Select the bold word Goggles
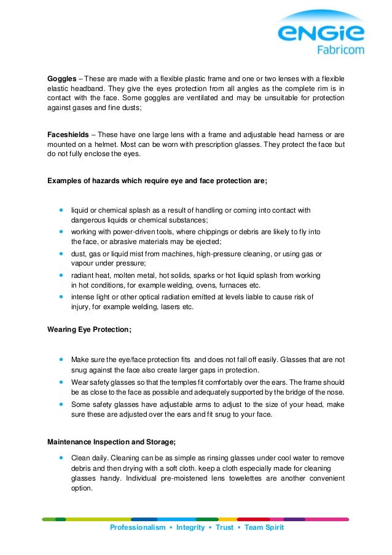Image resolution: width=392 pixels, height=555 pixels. pyautogui.click(x=63, y=79)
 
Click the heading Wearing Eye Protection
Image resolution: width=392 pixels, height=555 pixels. pyautogui.click(x=89, y=329)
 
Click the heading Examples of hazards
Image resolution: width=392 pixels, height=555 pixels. pyautogui.click(x=157, y=181)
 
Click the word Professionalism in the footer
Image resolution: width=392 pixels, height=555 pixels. pyautogui.click(x=138, y=527)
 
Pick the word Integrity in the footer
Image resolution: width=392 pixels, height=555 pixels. pyautogui.click(x=190, y=527)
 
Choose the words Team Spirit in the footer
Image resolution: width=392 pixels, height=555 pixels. pyautogui.click(x=264, y=527)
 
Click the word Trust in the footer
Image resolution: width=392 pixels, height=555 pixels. pyautogui.click(x=225, y=527)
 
